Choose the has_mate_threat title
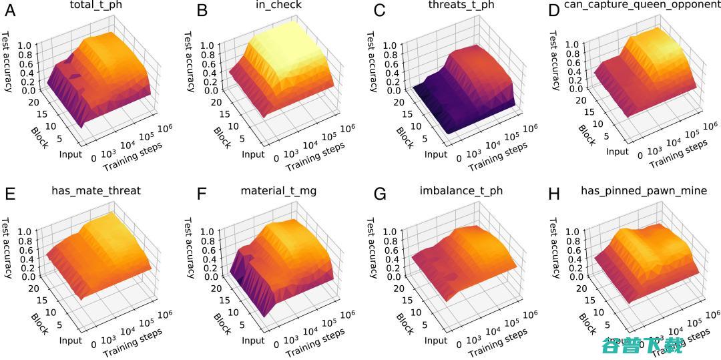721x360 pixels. pos(96,191)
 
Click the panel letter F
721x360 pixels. pos(202,195)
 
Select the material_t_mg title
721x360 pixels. pos(278,191)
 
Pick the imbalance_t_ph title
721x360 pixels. pos(461,191)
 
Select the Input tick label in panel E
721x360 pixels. pos(69,341)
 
